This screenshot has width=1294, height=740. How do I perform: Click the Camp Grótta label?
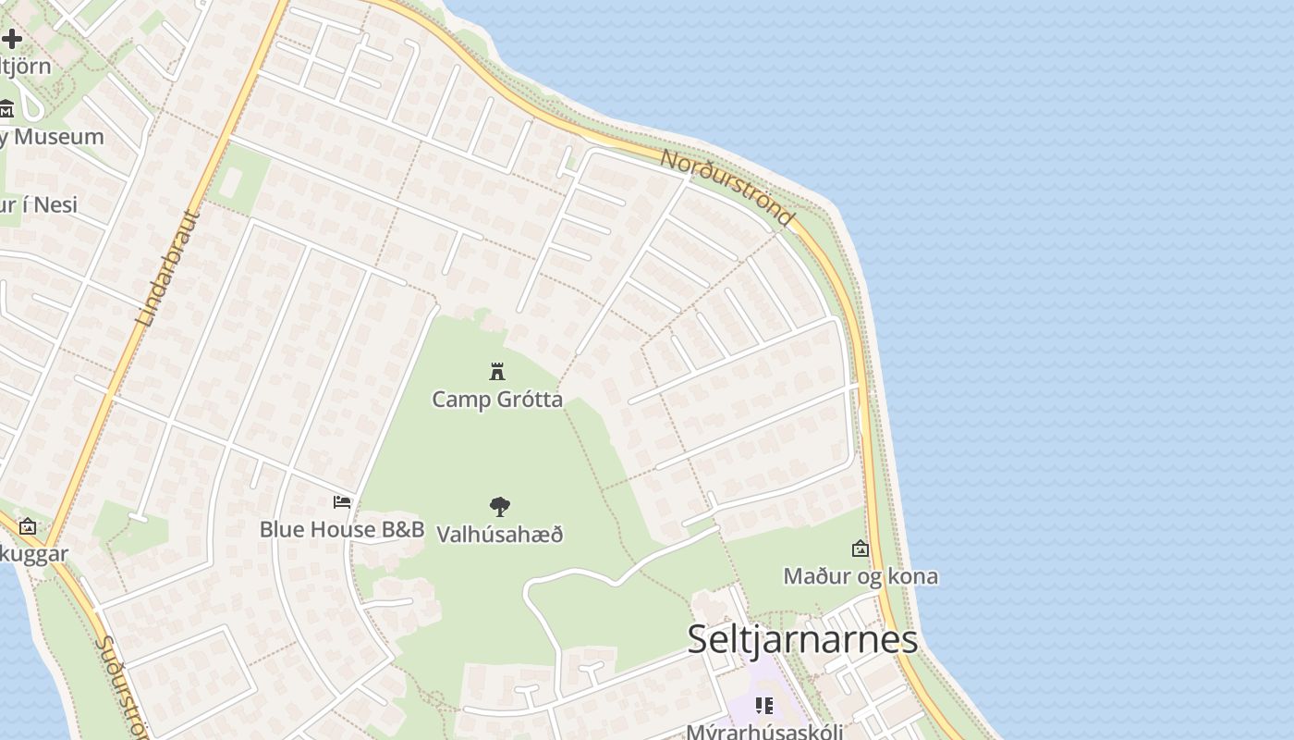(x=497, y=400)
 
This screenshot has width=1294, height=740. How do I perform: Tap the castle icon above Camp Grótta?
(x=497, y=372)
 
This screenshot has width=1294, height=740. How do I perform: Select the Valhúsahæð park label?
(x=499, y=534)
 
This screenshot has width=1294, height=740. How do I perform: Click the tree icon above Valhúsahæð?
(x=499, y=506)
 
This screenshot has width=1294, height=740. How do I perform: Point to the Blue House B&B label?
(x=341, y=529)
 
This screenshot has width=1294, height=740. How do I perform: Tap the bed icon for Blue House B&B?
(x=342, y=502)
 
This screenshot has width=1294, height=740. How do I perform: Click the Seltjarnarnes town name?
(x=802, y=639)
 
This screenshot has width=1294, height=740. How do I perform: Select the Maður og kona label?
(x=861, y=576)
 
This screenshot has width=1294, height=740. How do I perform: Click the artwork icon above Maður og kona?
(x=861, y=549)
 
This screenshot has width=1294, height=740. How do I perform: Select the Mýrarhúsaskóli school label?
(x=763, y=731)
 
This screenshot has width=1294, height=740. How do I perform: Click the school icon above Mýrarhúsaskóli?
(x=764, y=706)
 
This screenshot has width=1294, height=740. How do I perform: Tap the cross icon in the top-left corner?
(x=11, y=39)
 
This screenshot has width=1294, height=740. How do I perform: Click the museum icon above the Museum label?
(x=6, y=109)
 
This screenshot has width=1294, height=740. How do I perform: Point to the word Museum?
(x=57, y=137)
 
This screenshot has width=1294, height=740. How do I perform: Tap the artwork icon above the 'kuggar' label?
(x=28, y=526)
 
